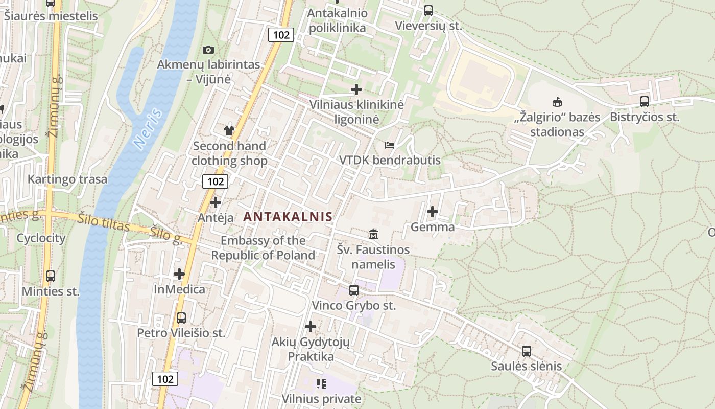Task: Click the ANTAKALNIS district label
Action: click(288, 216)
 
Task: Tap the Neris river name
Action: click(149, 129)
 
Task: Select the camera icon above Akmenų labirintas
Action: click(208, 50)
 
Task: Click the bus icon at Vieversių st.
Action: click(428, 10)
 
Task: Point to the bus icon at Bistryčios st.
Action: click(645, 101)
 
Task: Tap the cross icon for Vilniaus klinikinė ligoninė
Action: click(356, 89)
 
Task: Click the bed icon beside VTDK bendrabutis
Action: click(390, 145)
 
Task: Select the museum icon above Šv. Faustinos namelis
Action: click(373, 234)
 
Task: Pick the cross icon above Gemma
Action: click(433, 211)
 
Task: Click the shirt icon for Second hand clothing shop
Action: click(229, 131)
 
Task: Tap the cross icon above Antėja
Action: click(216, 202)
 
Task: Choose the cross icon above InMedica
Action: click(179, 274)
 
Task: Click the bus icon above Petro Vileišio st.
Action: click(181, 317)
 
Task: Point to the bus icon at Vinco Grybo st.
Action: click(353, 290)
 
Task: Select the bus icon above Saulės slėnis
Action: click(526, 351)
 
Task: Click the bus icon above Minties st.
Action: click(51, 276)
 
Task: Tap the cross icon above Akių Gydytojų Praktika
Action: click(311, 326)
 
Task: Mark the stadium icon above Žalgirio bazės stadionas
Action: click(557, 102)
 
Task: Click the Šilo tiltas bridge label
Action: click(104, 222)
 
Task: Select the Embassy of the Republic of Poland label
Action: click(263, 247)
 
